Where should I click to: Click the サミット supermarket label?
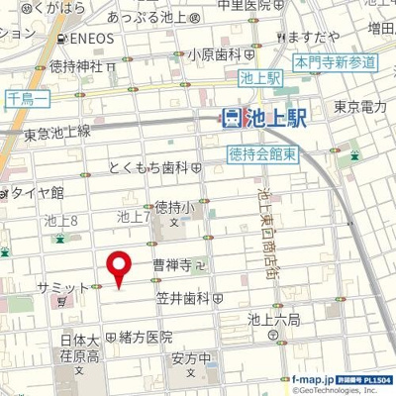(x=62, y=286)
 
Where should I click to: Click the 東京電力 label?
(x=358, y=107)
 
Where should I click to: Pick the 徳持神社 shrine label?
(x=77, y=66)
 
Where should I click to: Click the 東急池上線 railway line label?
(x=56, y=131)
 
